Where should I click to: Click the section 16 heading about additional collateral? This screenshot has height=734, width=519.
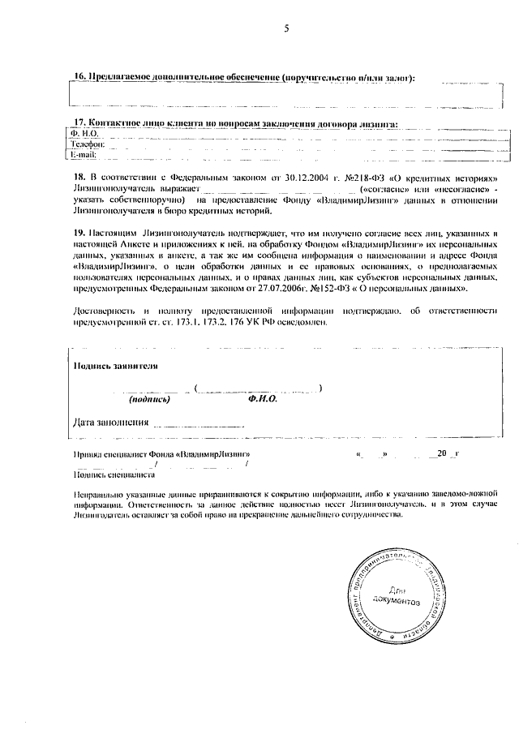click(x=243, y=78)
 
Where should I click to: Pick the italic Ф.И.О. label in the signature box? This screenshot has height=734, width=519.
click(x=263, y=400)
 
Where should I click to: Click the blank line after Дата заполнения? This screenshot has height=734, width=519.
click(x=199, y=423)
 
